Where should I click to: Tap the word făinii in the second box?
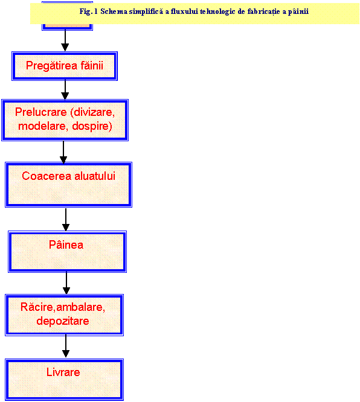point(92,65)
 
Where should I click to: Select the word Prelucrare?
point(41,112)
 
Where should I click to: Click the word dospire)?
point(92,126)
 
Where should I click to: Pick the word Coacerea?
point(47,176)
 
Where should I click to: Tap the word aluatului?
point(95,176)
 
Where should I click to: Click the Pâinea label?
point(66,244)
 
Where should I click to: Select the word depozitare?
point(63,321)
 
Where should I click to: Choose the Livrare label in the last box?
point(63,372)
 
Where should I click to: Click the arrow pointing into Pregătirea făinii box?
point(65,40)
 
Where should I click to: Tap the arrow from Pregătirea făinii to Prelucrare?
point(65,90)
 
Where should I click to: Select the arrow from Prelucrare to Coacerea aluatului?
point(63,152)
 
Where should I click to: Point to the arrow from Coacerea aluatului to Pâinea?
point(66,220)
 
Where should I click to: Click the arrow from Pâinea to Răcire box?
point(66,283)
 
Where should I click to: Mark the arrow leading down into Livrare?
point(66,346)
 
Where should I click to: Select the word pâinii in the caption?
point(298,12)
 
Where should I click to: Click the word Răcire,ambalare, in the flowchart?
point(63,307)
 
